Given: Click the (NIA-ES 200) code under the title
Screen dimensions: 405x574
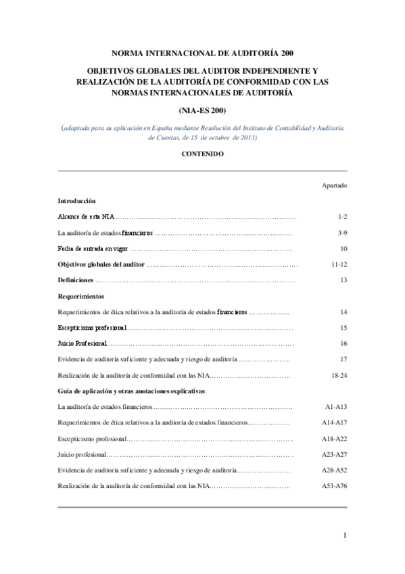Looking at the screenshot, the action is [x=202, y=110].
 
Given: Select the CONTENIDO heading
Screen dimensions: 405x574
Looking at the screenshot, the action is [x=202, y=154].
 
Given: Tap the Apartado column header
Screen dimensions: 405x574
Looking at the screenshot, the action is [x=335, y=184].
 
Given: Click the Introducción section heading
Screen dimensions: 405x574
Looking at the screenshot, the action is [x=76, y=201].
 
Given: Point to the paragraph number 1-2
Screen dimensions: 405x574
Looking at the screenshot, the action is [x=342, y=217].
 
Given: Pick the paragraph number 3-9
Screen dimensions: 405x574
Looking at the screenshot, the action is [x=342, y=233].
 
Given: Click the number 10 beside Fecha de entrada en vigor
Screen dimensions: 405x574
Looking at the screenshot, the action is [x=343, y=248].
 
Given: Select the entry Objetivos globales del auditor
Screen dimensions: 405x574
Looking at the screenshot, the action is [x=101, y=264].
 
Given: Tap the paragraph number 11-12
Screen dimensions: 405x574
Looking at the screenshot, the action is [x=339, y=264].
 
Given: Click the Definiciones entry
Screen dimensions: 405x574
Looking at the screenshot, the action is [x=75, y=280].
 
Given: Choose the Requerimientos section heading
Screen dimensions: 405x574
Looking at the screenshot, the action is [x=80, y=296].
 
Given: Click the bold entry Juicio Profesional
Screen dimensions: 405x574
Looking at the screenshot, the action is [x=82, y=343].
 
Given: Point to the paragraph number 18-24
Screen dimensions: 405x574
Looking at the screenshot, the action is [x=339, y=374].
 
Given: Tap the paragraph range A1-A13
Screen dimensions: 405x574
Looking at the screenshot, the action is [x=336, y=407].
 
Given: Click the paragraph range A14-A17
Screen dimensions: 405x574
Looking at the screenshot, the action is [x=335, y=422].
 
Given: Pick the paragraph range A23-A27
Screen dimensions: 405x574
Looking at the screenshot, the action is [x=335, y=454].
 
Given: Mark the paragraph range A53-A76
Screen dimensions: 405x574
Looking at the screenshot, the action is [x=335, y=485].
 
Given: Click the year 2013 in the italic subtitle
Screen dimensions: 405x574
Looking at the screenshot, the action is [x=248, y=137].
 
